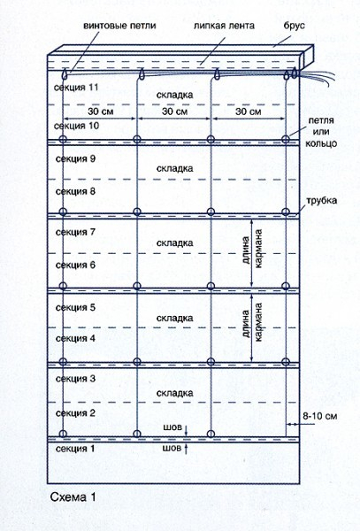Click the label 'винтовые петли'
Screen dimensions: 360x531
pos(119,26)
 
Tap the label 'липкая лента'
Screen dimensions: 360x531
pos(224,26)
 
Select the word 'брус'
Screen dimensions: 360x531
pos(295,26)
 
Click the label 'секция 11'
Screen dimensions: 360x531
pos(76,88)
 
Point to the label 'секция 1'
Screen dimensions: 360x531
pos(75,449)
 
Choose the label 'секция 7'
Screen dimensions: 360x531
pos(75,232)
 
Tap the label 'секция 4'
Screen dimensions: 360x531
pos(75,338)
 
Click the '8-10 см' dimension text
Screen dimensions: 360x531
pos(319,416)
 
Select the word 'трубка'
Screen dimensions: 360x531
pos(321,201)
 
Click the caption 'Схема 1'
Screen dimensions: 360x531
pos(73,497)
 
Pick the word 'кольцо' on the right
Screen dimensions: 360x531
pos(321,143)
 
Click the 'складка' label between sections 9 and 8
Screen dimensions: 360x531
pos(174,169)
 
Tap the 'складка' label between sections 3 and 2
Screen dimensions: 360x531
pos(174,393)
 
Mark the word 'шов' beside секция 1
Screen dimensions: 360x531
pos(172,449)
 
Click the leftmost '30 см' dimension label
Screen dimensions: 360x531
pos(101,112)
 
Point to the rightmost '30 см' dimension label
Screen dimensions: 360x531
pos(248,112)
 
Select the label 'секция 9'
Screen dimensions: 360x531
pos(75,158)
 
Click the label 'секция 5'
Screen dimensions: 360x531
pos(75,307)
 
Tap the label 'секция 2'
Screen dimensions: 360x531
pos(75,413)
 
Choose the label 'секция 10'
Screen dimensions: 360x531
pos(76,126)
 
